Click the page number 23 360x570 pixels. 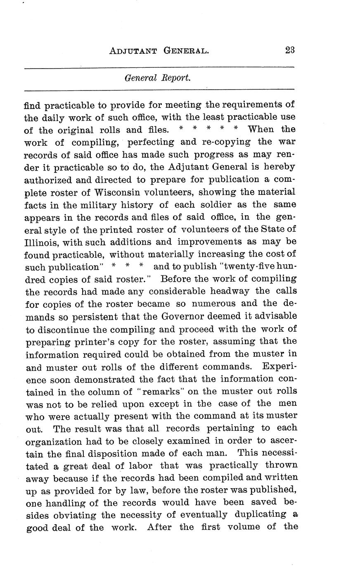(x=289, y=50)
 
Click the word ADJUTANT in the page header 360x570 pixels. (x=133, y=51)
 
